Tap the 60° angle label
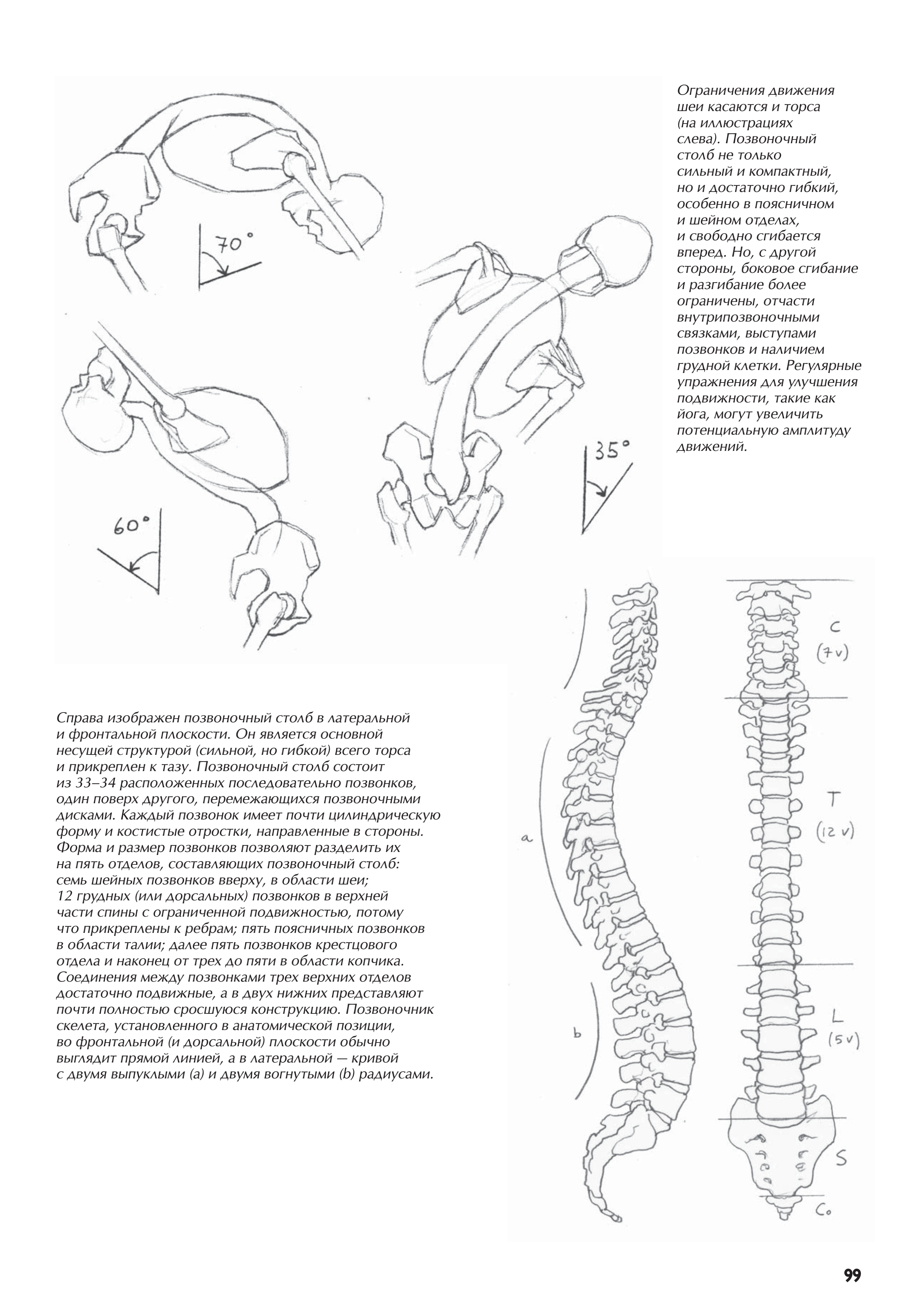(x=131, y=525)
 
